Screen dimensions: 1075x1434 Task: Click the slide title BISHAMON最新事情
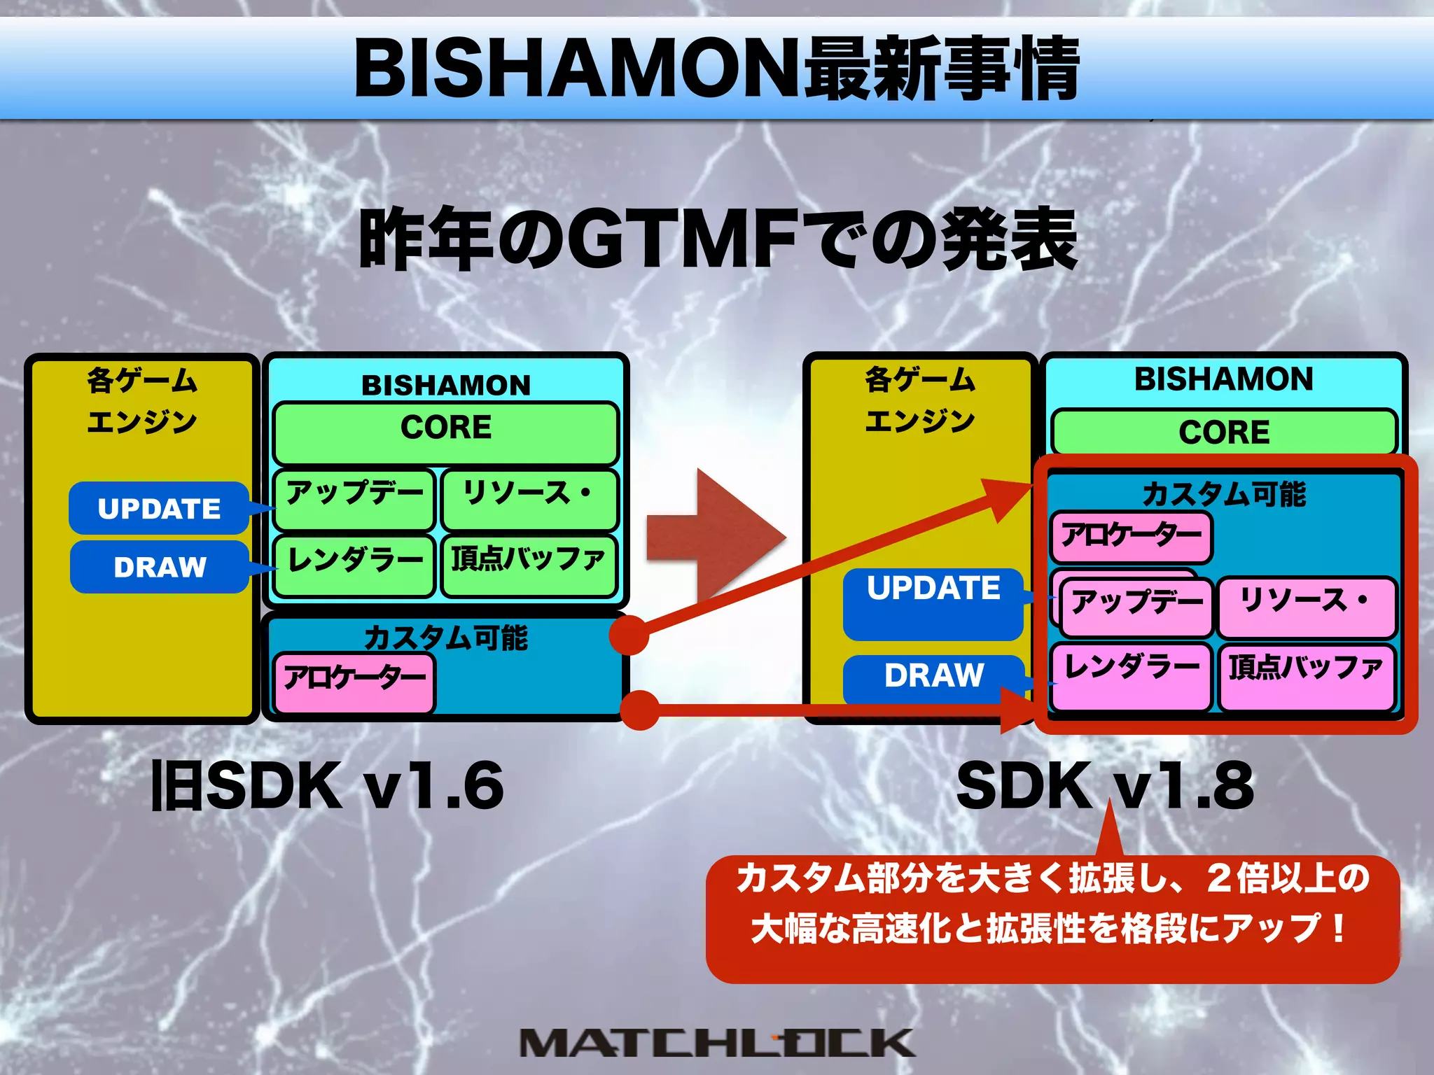pos(717,68)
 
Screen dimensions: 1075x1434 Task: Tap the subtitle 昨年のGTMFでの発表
pos(717,239)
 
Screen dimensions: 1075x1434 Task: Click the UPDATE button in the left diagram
pos(159,509)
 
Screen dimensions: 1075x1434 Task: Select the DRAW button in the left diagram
pos(160,567)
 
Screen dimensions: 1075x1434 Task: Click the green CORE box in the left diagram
pos(446,433)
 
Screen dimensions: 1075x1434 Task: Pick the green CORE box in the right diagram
pos(1224,432)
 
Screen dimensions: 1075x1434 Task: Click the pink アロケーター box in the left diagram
pos(354,682)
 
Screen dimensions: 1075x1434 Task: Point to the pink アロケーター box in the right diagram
pos(1131,537)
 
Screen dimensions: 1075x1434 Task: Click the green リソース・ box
pos(529,499)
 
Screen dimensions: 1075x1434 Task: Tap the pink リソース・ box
pos(1307,607)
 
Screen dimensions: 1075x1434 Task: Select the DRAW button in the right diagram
pos(933,677)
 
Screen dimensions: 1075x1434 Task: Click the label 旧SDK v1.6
pos(328,786)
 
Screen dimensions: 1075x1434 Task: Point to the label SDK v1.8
pos(1105,786)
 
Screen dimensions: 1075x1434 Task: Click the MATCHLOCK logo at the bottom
pos(717,1042)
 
